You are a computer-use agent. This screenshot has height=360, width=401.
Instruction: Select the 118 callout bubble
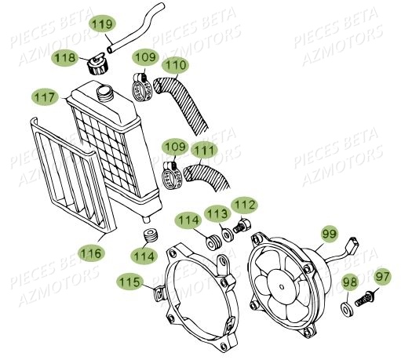click(x=66, y=57)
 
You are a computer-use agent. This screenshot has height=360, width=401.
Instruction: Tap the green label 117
click(x=45, y=97)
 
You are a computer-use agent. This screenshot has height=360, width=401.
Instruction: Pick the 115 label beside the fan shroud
click(x=131, y=281)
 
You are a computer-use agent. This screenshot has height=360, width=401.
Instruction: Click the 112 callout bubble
click(x=244, y=205)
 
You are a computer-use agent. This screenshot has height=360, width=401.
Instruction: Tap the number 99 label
click(x=329, y=232)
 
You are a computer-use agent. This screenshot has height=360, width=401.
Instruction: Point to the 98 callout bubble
click(x=350, y=282)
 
